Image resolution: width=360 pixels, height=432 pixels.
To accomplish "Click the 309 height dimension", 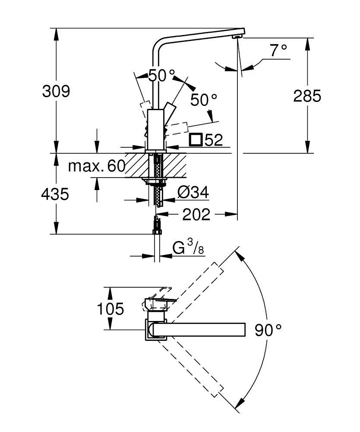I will (x=56, y=92).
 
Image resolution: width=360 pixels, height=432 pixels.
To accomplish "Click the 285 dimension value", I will (x=307, y=95).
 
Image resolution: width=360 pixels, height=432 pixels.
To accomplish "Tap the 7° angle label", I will (x=278, y=51).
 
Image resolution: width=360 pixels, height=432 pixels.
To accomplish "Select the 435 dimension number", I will (x=55, y=194).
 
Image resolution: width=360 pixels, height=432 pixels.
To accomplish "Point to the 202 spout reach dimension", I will (x=196, y=214).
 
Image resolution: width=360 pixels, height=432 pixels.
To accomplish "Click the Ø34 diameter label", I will (x=193, y=193).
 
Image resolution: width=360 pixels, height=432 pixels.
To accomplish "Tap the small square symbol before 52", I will (x=196, y=140).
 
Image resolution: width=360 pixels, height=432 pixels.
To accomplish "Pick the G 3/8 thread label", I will (x=188, y=248).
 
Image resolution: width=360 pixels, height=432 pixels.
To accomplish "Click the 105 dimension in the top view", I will (x=110, y=309).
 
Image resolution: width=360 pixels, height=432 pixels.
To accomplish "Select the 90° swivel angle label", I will (x=268, y=330).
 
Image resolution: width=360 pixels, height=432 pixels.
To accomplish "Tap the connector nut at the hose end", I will (x=158, y=226).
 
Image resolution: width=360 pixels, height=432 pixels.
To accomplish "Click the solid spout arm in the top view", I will (x=199, y=329).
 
